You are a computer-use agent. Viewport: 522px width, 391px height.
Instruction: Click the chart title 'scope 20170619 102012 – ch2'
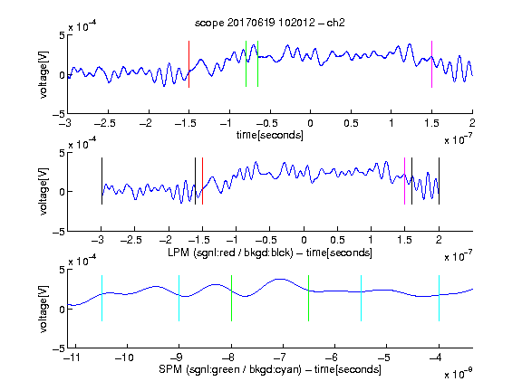click(270, 23)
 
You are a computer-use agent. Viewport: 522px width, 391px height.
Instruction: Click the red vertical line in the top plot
click(188, 64)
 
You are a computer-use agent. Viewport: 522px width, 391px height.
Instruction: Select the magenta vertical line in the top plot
click(431, 64)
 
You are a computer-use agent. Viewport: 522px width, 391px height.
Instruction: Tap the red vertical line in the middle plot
click(202, 181)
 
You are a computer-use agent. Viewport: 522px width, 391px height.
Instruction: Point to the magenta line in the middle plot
click(404, 181)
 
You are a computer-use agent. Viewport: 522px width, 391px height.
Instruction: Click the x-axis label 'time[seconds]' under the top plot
click(270, 135)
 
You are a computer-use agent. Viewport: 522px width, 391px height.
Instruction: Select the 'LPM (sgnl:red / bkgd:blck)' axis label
click(230, 253)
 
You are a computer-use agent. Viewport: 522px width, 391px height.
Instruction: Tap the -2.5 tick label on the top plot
click(104, 123)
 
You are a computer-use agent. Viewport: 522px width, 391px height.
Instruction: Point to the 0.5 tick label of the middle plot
click(337, 240)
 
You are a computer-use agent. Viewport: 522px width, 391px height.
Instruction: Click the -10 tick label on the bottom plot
click(124, 358)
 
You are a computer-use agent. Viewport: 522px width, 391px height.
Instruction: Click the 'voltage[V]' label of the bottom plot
click(43, 309)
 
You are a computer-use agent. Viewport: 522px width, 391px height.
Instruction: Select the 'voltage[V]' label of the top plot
click(43, 74)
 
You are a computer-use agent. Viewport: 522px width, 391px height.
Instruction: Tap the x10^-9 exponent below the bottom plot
click(458, 374)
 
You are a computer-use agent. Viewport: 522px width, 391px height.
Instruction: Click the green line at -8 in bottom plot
click(231, 299)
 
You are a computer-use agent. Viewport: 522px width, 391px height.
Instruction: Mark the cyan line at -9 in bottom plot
click(179, 299)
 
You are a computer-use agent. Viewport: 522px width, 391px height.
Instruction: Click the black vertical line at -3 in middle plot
click(101, 181)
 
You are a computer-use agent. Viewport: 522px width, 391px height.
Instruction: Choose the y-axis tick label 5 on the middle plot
click(62, 153)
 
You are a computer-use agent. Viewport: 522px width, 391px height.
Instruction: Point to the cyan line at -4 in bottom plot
click(439, 299)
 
